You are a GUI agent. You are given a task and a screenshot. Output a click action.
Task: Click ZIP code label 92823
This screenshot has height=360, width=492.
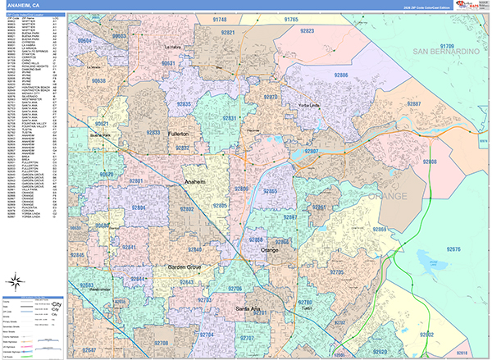click(x=307, y=30)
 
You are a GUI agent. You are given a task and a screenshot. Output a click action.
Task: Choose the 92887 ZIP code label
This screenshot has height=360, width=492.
click(x=415, y=104)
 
